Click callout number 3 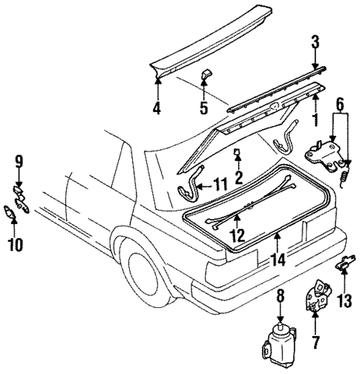[315, 43]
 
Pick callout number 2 [239, 177]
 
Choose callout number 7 [317, 344]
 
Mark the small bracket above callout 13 [344, 263]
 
